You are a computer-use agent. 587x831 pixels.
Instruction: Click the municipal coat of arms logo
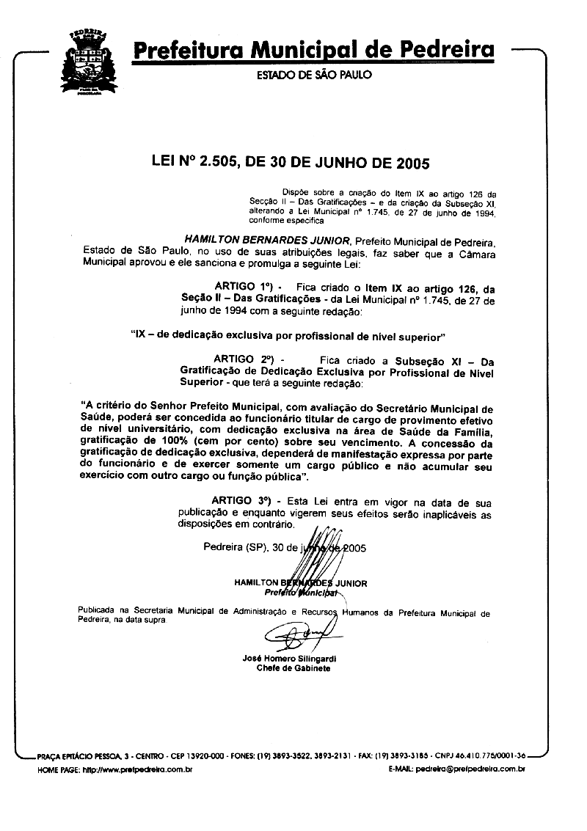(x=90, y=62)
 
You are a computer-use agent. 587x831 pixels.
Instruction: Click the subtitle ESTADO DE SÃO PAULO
(x=313, y=75)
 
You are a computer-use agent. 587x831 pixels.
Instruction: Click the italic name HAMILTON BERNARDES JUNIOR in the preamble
(x=267, y=240)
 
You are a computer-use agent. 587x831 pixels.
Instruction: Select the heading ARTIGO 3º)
(x=243, y=501)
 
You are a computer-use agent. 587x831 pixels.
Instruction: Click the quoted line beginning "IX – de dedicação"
(x=288, y=336)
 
